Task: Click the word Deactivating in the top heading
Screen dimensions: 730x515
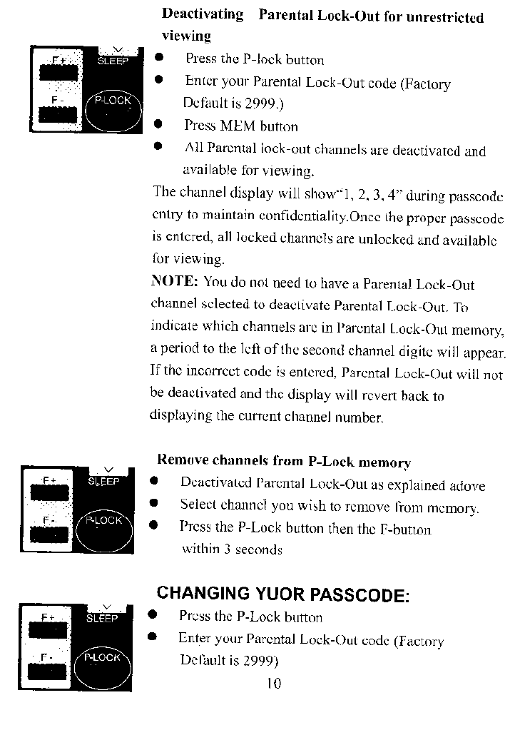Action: click(203, 15)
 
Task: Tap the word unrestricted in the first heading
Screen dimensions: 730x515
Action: click(444, 18)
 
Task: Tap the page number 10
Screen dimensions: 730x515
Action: click(273, 684)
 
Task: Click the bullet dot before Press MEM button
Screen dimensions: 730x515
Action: click(160, 126)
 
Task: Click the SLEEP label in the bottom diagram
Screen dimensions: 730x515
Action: click(101, 619)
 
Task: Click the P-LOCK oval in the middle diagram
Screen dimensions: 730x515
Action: click(104, 527)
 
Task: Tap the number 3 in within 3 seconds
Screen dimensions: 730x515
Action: click(225, 549)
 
